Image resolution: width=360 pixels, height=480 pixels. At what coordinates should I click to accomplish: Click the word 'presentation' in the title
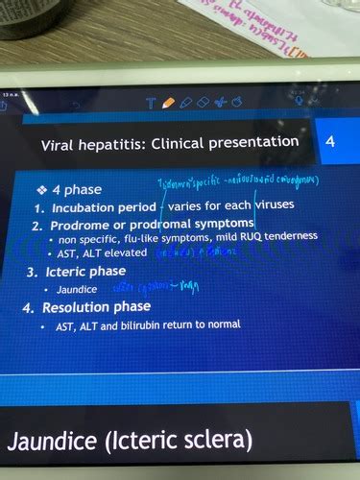(x=252, y=142)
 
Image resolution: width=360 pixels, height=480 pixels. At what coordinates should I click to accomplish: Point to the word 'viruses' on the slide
(x=279, y=204)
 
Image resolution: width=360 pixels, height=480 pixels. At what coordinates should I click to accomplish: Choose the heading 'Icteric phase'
(x=88, y=272)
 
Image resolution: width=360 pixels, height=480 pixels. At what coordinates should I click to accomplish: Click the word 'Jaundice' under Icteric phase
(x=77, y=289)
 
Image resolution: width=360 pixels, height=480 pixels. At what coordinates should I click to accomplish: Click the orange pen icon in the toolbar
(x=169, y=102)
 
